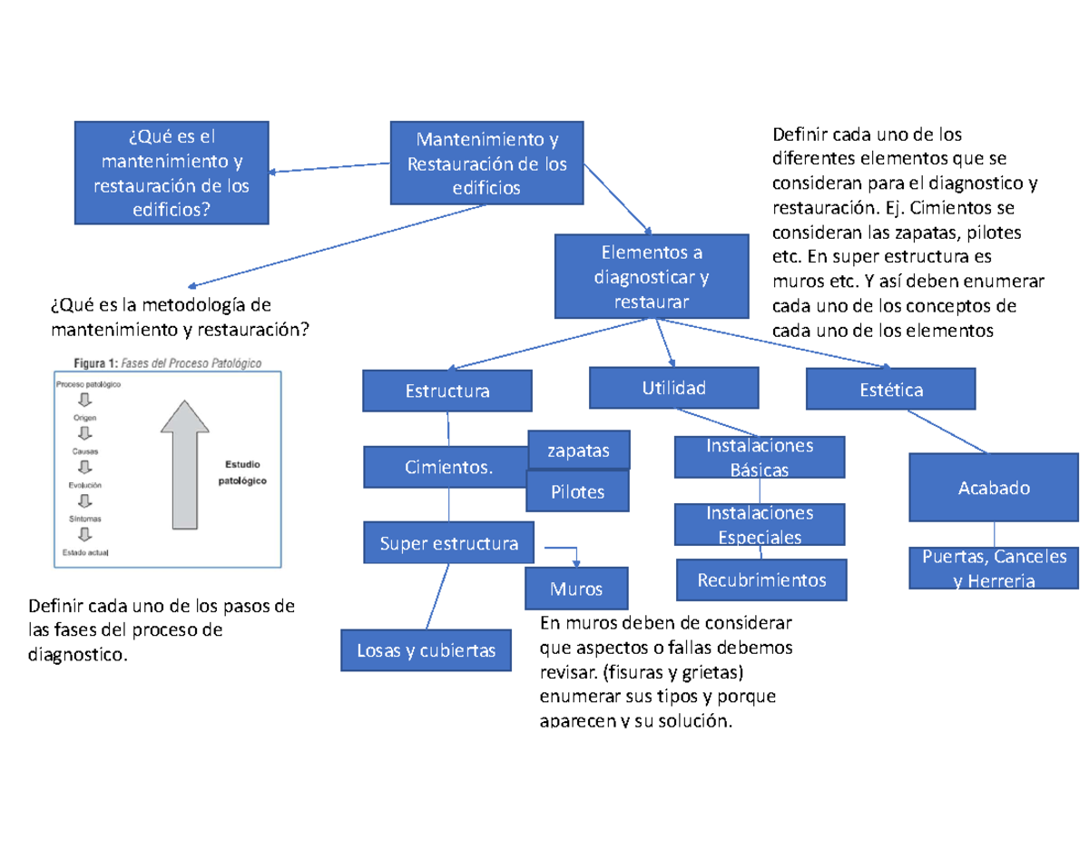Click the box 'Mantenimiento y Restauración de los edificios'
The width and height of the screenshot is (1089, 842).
[x=486, y=163]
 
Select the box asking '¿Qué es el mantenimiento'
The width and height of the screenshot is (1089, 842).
[x=172, y=173]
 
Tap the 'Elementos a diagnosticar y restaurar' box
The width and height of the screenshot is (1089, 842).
[x=651, y=276]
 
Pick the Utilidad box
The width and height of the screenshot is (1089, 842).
[x=673, y=388]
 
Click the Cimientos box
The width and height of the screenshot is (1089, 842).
[x=445, y=467]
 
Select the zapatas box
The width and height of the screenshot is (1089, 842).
[x=578, y=450]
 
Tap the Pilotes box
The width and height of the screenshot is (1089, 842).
[x=577, y=491]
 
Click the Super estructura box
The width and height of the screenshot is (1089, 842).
[x=448, y=543]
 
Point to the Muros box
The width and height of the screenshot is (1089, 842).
[x=575, y=589]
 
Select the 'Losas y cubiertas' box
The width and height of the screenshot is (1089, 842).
[x=427, y=650]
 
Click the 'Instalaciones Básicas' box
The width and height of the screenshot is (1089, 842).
[x=759, y=457]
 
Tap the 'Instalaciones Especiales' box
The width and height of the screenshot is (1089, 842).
[x=759, y=524]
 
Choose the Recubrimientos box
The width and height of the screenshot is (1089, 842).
[x=760, y=579]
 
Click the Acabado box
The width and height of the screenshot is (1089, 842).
[x=994, y=488]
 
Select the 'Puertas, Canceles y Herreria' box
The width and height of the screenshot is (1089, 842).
[x=994, y=569]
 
